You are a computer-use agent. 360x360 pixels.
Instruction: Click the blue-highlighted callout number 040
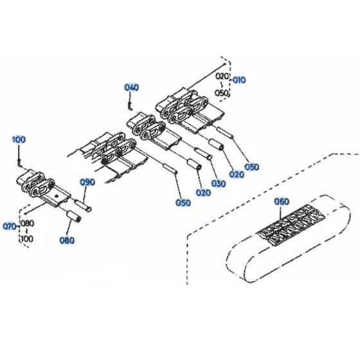click(131, 87)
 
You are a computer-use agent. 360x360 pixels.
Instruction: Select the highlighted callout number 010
click(239, 81)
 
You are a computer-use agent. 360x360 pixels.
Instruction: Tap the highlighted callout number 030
click(219, 184)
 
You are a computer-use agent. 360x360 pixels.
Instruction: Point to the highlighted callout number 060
click(282, 201)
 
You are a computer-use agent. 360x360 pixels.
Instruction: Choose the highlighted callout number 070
click(10, 226)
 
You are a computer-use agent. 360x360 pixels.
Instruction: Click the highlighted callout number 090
click(87, 183)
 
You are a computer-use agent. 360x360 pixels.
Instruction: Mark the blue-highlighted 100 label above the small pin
click(19, 139)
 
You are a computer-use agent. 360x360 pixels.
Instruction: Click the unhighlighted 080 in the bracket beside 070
click(28, 224)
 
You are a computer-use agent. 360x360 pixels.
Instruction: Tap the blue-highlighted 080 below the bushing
click(67, 241)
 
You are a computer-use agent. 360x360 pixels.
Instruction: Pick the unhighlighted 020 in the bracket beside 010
click(222, 76)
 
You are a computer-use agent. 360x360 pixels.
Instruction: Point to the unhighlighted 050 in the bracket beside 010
click(222, 93)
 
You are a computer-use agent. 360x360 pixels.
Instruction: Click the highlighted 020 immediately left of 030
click(203, 192)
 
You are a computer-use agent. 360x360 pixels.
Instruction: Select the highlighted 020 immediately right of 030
click(237, 174)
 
